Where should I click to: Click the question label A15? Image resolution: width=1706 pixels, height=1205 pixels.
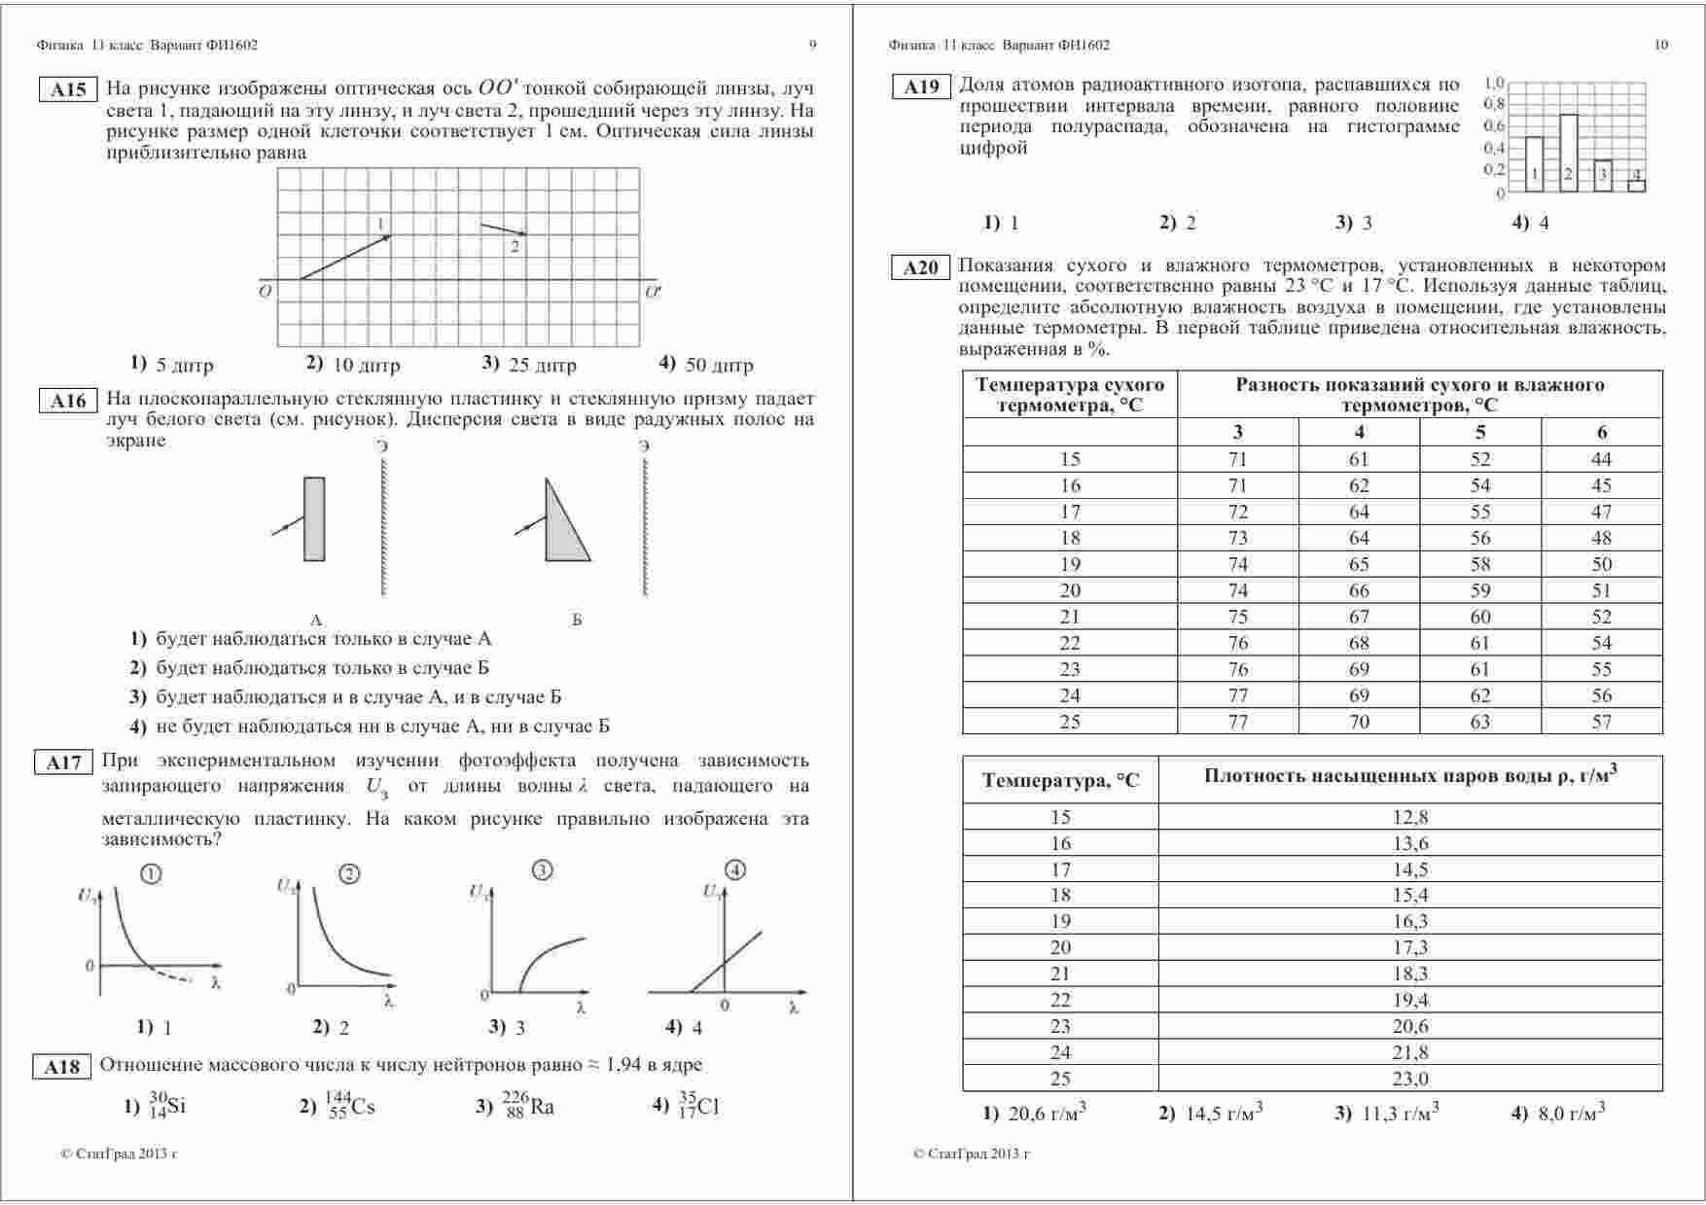pos(68,89)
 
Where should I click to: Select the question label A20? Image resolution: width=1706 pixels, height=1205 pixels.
pos(920,268)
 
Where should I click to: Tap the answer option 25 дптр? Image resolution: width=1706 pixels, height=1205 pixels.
pos(530,365)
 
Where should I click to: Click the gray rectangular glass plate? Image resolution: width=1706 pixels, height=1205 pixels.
pos(314,518)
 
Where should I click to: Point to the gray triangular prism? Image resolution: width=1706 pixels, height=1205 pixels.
pos(562,530)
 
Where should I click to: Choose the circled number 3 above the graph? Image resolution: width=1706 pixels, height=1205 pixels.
pos(543,870)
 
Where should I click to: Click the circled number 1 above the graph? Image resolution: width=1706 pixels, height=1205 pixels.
pos(151,874)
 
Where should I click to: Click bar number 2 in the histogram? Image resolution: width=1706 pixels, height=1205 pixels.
pos(1568,154)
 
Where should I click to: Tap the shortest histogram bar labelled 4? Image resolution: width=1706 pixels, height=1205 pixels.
pos(1636,184)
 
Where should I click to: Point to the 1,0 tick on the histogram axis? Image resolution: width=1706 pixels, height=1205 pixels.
pos(1494,83)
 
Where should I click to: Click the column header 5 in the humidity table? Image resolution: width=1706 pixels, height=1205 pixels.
pos(1480,432)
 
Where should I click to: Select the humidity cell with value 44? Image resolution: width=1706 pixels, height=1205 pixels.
pos(1601,459)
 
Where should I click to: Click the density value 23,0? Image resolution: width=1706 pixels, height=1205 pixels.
pos(1410,1079)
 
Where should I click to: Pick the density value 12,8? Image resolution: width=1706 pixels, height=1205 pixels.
pos(1410,817)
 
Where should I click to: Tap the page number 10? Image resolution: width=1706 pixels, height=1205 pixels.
pos(1660,45)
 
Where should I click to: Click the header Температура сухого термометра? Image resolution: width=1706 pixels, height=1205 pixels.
pos(1070,394)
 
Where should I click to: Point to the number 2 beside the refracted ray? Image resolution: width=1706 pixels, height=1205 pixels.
pos(515,247)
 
